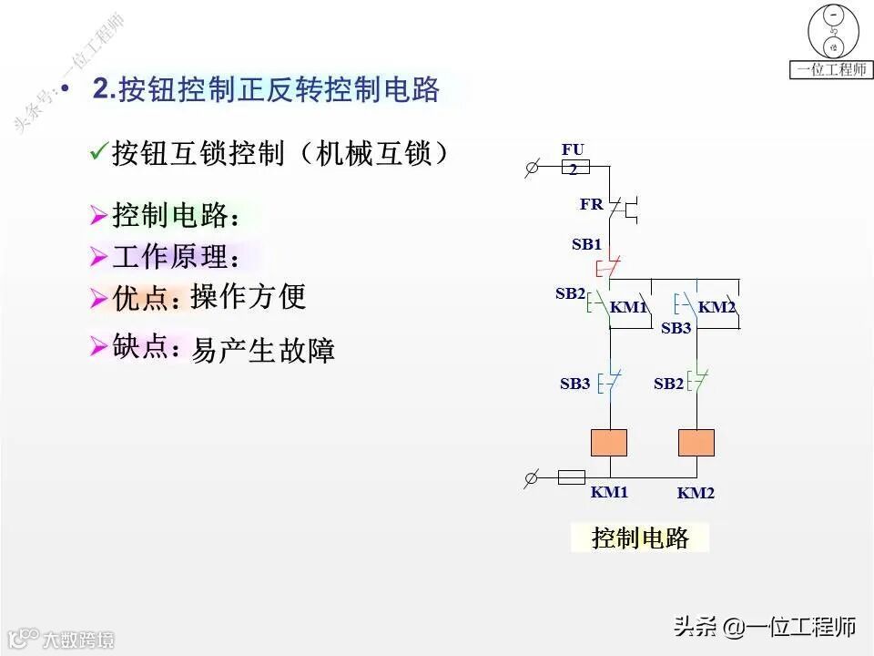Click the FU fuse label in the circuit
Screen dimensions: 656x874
[573, 149]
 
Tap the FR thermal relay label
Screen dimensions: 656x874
[592, 205]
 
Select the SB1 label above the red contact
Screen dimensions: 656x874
[586, 244]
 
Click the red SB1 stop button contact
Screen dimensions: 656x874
[608, 268]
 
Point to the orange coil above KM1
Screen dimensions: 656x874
[609, 442]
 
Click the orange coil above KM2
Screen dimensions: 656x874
[696, 442]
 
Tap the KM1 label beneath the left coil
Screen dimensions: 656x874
[609, 492]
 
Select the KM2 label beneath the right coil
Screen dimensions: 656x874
[696, 493]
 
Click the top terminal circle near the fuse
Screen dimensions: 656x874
[533, 168]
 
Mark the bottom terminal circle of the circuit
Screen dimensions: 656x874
[533, 477]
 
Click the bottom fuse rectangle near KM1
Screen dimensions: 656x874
[571, 477]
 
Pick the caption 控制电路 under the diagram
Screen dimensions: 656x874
[640, 538]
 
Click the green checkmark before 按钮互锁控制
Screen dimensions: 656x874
[98, 153]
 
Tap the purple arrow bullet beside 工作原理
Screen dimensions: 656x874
[98, 258]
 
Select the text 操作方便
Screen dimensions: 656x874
[248, 296]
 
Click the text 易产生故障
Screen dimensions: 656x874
[263, 350]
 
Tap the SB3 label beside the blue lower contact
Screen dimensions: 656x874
[574, 384]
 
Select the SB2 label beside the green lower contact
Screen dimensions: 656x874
[668, 384]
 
